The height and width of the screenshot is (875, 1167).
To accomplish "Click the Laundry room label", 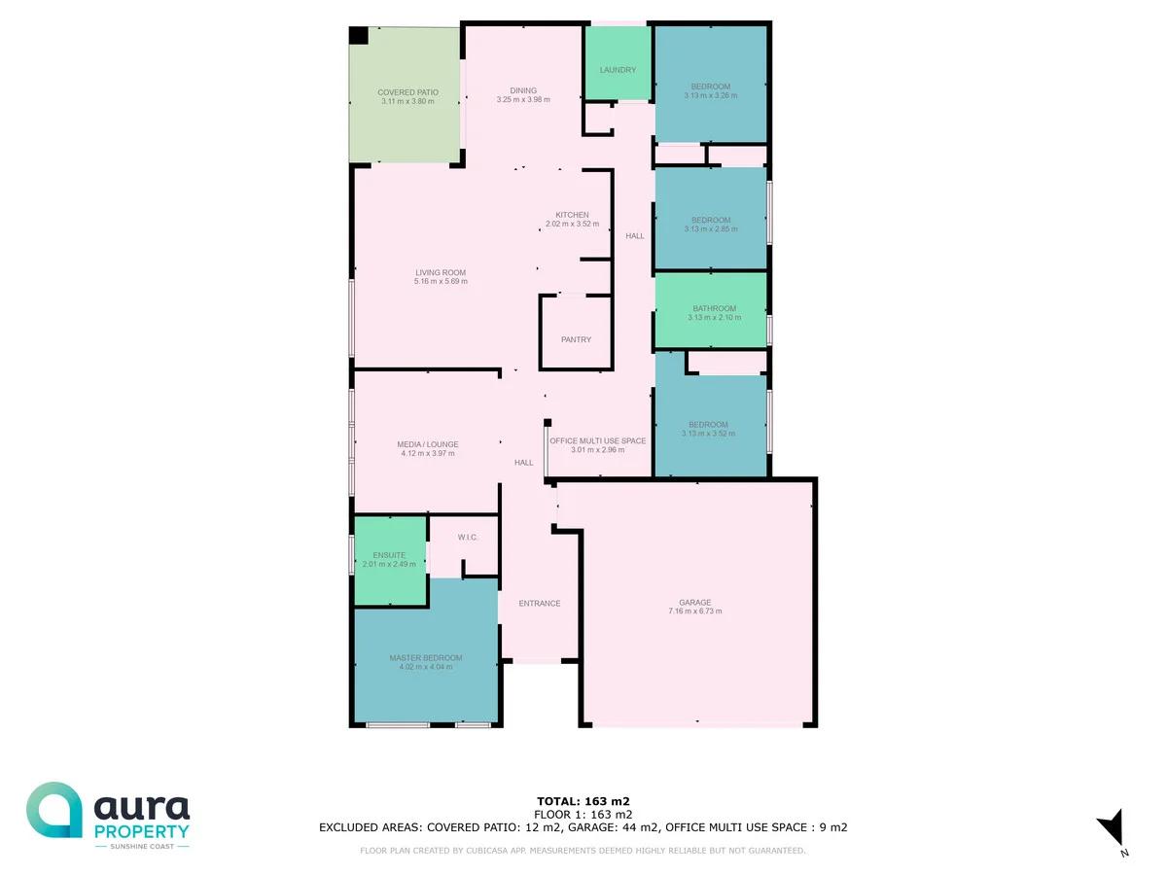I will (x=618, y=70).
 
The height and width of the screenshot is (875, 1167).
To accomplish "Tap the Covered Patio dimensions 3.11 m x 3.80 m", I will (x=407, y=101).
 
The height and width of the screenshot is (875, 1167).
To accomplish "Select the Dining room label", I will (x=523, y=90).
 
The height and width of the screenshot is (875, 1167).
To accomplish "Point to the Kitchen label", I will (x=572, y=215).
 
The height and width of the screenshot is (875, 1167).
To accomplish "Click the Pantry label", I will (x=576, y=339).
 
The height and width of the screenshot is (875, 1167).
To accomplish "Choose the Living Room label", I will (x=441, y=272).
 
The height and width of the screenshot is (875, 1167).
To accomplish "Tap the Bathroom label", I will (x=714, y=308).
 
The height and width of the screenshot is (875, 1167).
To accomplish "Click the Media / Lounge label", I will (x=428, y=444).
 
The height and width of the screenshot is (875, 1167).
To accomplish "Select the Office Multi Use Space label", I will (x=598, y=440).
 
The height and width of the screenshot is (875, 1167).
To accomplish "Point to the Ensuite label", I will (x=389, y=555).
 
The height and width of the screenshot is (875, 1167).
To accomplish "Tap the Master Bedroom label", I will (x=426, y=658).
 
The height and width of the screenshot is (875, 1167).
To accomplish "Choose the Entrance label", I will (x=539, y=603).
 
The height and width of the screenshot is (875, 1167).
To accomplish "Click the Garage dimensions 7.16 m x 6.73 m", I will (x=695, y=612).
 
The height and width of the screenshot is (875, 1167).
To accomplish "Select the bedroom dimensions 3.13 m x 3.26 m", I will (x=710, y=95).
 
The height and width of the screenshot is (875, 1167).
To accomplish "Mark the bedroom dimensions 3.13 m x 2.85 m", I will (x=710, y=229).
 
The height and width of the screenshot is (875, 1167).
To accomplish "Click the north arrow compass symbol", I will (x=1112, y=829).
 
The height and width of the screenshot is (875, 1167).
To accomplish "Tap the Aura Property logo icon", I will (x=54, y=810).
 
